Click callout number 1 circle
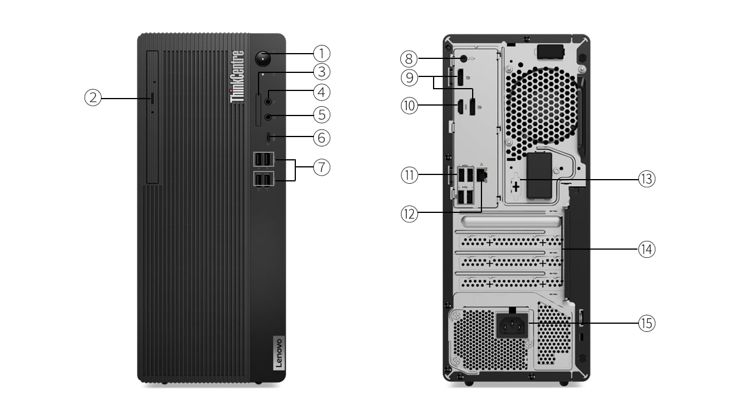[321, 54]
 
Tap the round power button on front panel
[264, 58]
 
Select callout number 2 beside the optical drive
[93, 97]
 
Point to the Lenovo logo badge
[277, 353]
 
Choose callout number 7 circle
[321, 167]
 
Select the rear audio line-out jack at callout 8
[464, 58]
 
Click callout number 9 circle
[409, 76]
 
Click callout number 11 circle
[409, 174]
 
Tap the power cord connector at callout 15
[512, 325]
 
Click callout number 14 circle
[646, 250]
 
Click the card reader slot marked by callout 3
[259, 100]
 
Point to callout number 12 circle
[409, 214]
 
